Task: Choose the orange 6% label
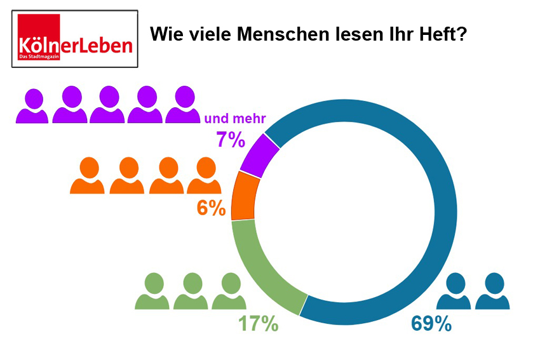[211, 208]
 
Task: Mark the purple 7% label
[231, 139]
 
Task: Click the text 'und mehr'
[234, 118]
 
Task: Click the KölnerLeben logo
[75, 39]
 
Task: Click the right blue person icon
[492, 291]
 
